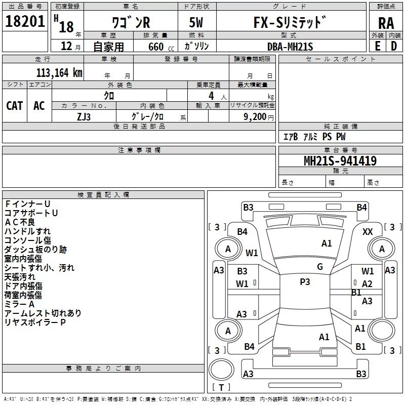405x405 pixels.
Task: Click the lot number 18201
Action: point(25,21)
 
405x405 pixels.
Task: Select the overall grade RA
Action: point(386,23)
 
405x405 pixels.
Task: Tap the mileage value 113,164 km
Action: point(59,72)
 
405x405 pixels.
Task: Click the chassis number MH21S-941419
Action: point(340,160)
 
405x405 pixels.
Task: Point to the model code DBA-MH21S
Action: point(290,47)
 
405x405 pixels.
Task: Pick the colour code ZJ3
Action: point(84,117)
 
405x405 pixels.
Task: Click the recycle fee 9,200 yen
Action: point(259,117)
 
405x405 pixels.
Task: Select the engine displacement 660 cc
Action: point(161,47)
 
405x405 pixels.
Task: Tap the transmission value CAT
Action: point(15,106)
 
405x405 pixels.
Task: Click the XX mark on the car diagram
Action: point(368,231)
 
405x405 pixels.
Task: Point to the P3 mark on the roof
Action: point(305,281)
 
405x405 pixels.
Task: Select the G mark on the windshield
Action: point(320,267)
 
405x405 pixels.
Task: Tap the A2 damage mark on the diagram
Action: point(367,284)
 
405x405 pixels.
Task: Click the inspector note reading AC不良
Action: point(20,222)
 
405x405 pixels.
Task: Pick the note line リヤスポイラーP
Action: point(35,322)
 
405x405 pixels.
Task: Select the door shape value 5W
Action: point(196,22)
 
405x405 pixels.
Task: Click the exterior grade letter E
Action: point(378,46)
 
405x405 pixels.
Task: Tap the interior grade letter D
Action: point(394,46)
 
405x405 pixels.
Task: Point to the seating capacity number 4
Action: point(211,96)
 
